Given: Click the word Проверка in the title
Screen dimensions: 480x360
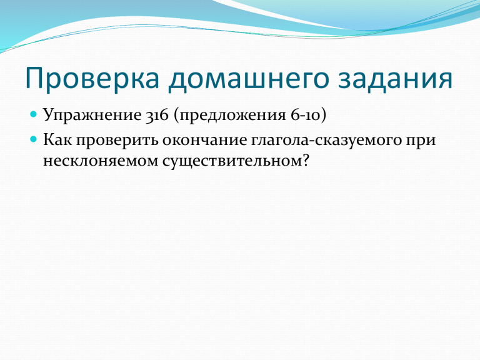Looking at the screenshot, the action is click(x=92, y=78).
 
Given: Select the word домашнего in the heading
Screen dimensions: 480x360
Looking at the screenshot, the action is click(x=249, y=79).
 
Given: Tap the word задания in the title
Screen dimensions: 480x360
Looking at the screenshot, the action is click(x=395, y=79).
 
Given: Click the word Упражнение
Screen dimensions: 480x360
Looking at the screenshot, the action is click(x=92, y=116).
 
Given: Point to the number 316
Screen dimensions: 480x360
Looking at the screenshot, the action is click(x=157, y=116).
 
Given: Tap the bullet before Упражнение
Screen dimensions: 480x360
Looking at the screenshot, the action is click(x=33, y=114).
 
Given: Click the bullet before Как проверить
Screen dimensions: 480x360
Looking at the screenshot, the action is click(x=33, y=139).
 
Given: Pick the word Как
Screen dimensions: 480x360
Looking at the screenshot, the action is click(x=57, y=140).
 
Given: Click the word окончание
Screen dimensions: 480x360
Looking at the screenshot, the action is click(x=204, y=140).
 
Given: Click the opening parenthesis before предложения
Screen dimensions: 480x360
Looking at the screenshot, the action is click(x=177, y=116).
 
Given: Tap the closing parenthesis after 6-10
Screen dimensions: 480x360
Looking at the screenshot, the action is click(x=323, y=116).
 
